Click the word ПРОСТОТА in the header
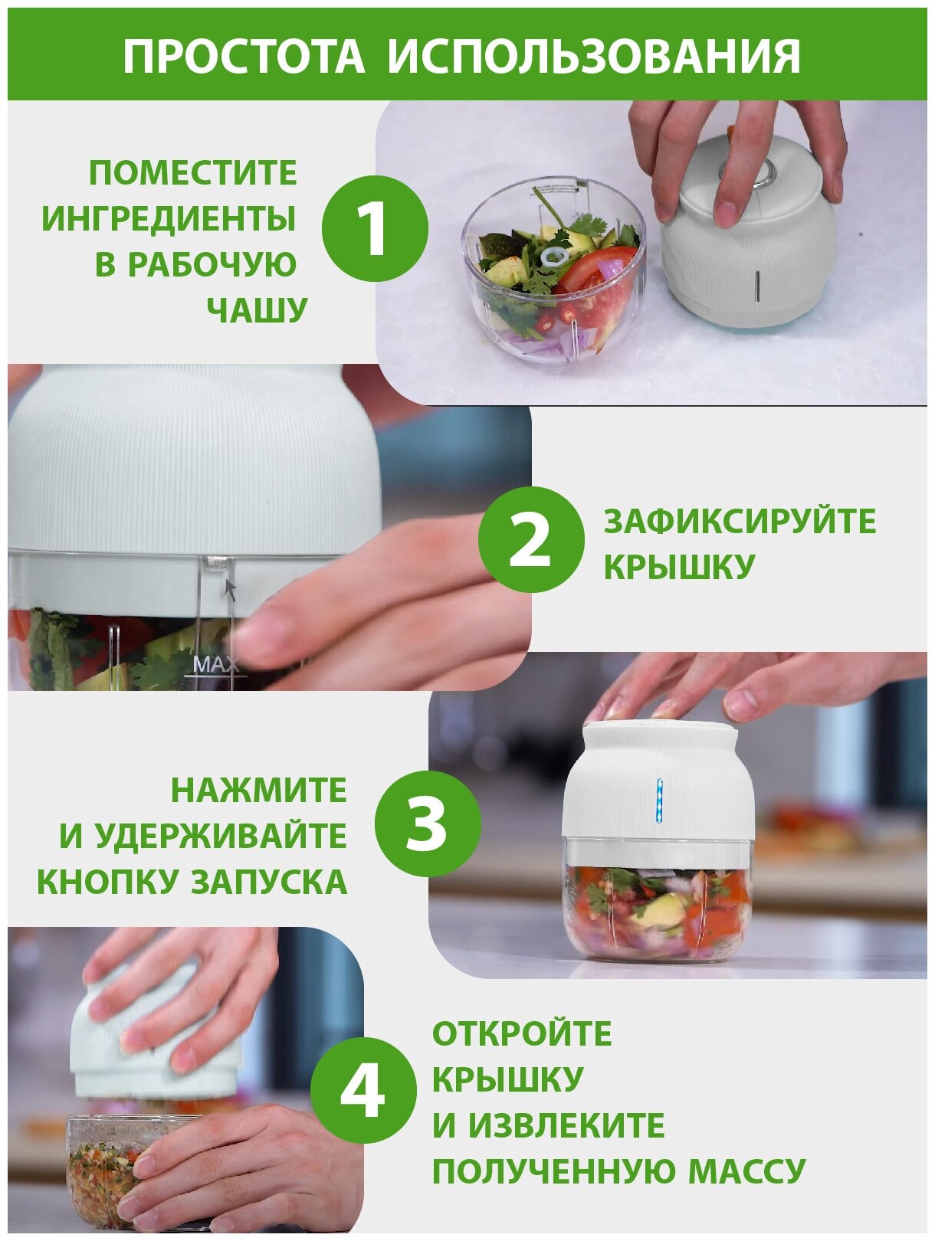(244, 57)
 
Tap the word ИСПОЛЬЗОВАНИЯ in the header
(594, 57)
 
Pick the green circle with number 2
(531, 539)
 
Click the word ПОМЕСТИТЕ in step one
(193, 173)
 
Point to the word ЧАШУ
(256, 309)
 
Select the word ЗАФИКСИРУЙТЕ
(740, 521)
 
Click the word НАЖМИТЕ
(258, 790)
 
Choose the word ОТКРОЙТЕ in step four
(521, 1033)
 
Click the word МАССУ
(746, 1171)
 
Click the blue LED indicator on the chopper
(660, 801)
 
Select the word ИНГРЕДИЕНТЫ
(169, 219)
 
